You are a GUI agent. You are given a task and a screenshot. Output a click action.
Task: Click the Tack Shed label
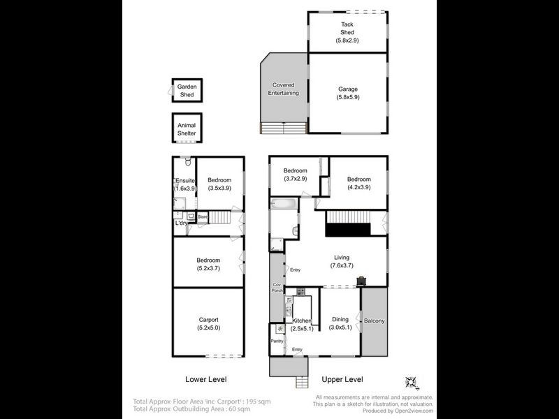pyautogui.click(x=348, y=29)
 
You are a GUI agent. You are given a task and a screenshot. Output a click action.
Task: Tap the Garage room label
pyautogui.click(x=348, y=89)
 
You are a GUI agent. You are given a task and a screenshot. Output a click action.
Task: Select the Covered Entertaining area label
pyautogui.click(x=284, y=89)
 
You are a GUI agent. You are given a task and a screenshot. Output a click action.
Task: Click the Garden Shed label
pyautogui.click(x=187, y=89)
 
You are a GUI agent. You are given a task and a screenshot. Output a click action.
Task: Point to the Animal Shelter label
pyautogui.click(x=187, y=129)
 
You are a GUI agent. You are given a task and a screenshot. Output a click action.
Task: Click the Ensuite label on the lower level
pyautogui.click(x=184, y=181)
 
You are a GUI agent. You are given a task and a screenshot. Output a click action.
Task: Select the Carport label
pyautogui.click(x=208, y=320)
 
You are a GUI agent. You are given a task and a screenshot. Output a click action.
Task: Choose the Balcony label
pyautogui.click(x=375, y=321)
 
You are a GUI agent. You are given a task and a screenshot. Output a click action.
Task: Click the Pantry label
pyautogui.click(x=277, y=341)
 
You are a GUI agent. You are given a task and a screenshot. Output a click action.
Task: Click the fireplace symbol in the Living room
pyautogui.click(x=362, y=281)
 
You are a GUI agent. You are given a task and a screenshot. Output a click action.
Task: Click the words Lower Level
pyautogui.click(x=206, y=380)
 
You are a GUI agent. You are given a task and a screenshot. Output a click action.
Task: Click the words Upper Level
pyautogui.click(x=342, y=380)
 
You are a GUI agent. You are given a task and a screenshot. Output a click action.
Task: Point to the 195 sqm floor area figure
pyautogui.click(x=258, y=402)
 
